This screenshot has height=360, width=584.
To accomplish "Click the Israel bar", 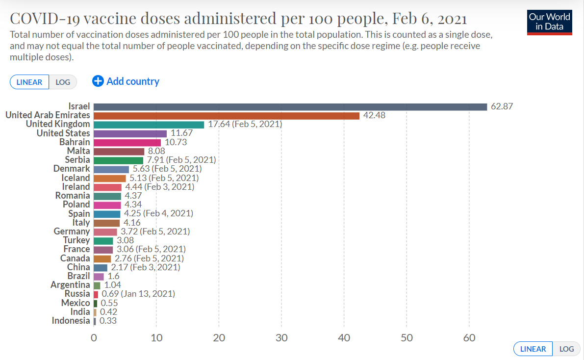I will coord(290,106).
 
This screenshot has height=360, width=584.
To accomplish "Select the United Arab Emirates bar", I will coord(226,115).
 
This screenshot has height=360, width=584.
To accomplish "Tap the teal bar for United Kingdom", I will coord(149,125).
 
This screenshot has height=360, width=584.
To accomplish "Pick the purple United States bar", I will coord(130,133).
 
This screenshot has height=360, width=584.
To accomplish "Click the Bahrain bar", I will coord(127,142).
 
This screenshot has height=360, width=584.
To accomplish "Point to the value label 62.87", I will coord(502,106).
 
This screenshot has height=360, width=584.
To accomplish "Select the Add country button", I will coord(126,81).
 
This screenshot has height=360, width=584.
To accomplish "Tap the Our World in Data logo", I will coord(549,22).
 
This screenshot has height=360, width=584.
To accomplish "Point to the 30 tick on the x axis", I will coord(281,338).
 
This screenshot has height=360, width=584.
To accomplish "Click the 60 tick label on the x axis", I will coord(469,338).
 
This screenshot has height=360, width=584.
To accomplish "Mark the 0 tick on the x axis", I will coord(94,338).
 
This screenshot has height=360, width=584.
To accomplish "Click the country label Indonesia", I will coord(71,321).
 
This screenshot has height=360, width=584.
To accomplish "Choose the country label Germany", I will coord(72,231).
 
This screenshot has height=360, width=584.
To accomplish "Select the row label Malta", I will coord(78,151).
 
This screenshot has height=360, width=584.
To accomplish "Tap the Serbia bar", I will coord(118,160).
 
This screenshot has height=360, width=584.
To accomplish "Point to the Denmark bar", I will coord(111,169).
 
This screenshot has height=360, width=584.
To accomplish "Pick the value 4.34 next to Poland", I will coord(133,205).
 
